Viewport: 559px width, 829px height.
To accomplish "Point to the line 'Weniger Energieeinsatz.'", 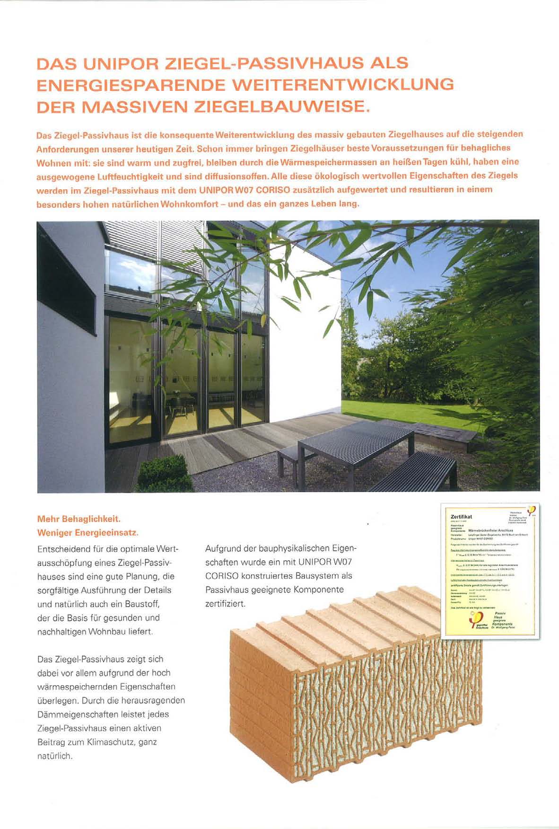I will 87,533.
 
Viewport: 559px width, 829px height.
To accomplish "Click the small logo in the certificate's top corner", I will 530,510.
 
